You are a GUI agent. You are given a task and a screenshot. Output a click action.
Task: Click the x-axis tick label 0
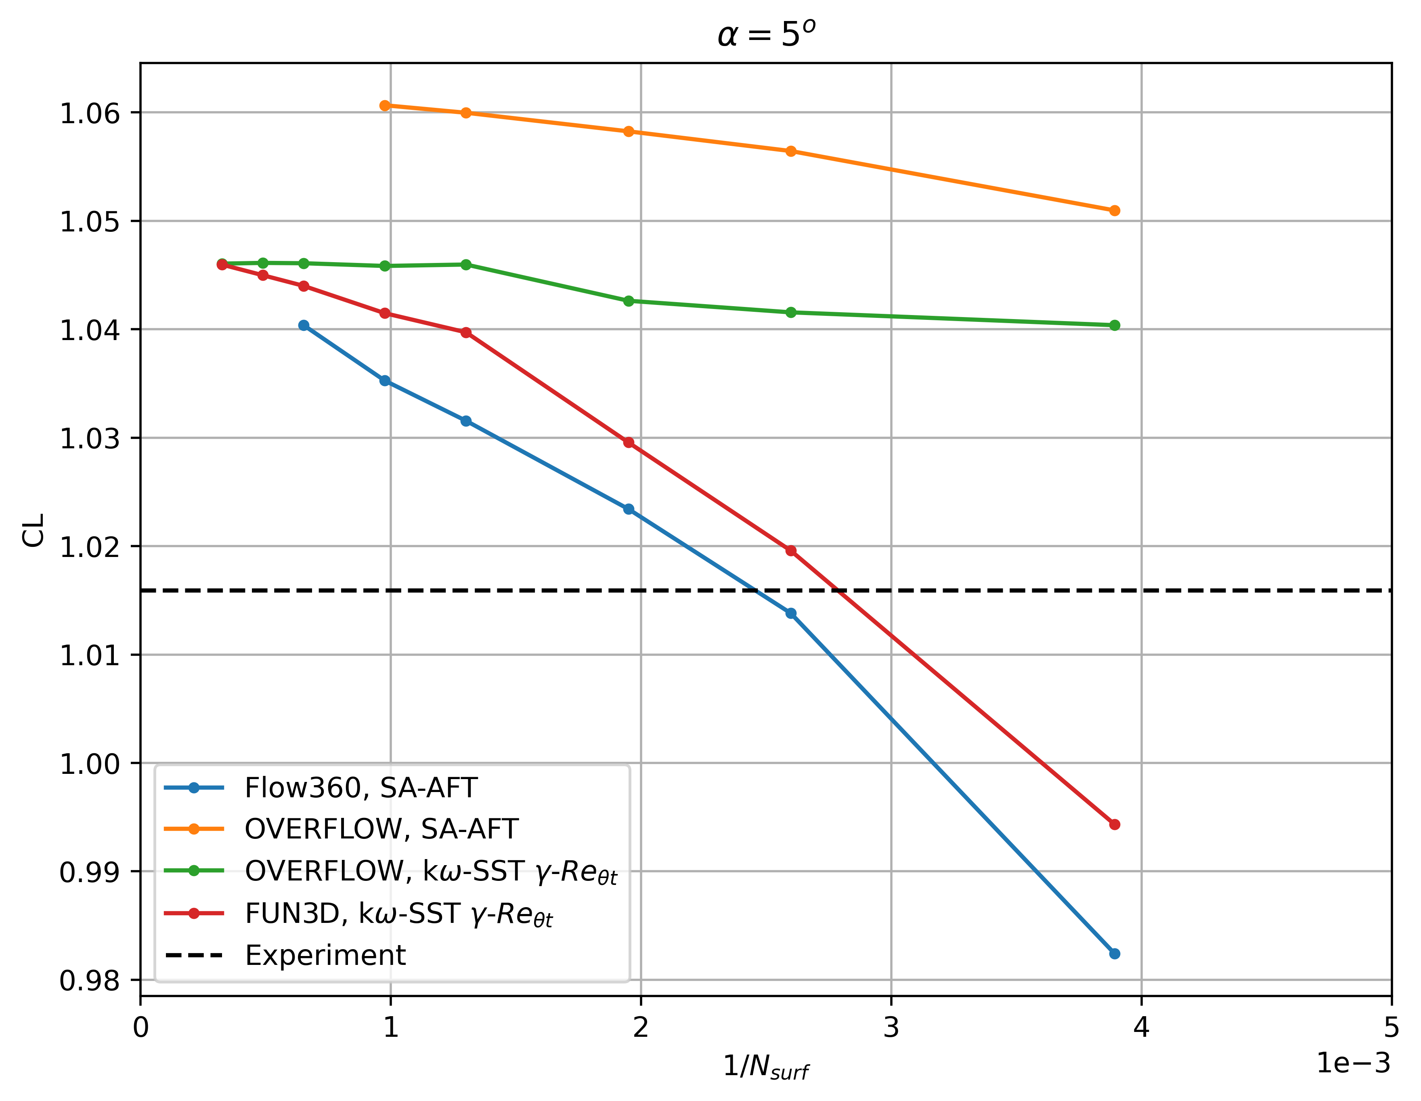[x=140, y=1027]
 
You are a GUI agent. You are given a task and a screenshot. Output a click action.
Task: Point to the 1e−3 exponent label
[x=1353, y=1063]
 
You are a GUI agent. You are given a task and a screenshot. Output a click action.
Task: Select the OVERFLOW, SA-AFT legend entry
[x=381, y=829]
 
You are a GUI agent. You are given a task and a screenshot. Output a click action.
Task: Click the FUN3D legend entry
[x=398, y=914]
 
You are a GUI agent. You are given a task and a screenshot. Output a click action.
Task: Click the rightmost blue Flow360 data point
[x=1115, y=954]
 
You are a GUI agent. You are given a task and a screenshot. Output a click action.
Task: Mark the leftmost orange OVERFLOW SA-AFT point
[x=385, y=105]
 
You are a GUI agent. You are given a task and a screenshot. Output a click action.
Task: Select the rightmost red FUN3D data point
[x=1115, y=824]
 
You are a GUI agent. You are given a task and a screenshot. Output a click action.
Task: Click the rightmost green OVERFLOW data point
[x=1115, y=326]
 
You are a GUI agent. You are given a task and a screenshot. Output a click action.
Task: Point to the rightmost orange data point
[x=1115, y=210]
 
